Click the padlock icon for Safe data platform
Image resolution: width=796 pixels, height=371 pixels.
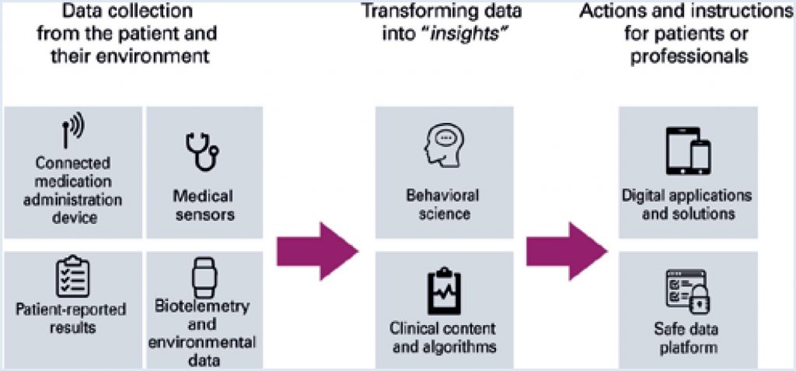coord(699,298)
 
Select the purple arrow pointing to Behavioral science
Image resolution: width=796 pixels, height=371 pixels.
coord(316,250)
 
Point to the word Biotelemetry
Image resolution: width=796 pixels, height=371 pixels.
coord(203,306)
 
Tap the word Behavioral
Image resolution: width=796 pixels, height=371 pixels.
coord(443,194)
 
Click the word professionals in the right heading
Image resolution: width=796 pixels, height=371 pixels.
coord(687,57)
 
